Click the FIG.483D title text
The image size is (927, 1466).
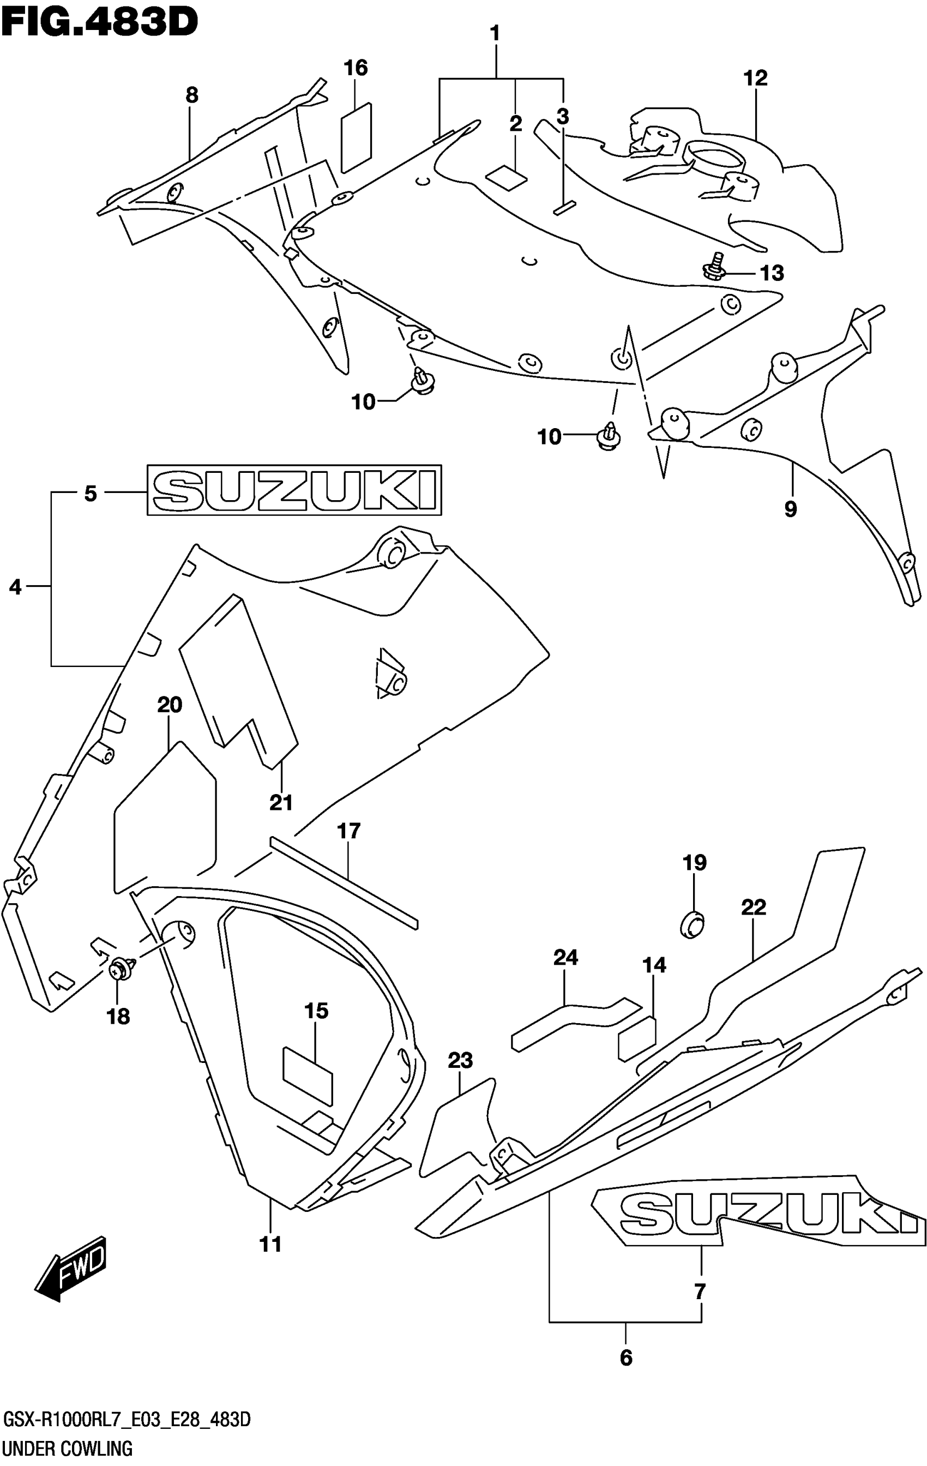tap(99, 22)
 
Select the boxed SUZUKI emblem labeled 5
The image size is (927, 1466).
tap(294, 490)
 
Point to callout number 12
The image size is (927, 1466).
tap(755, 79)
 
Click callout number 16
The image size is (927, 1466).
tap(356, 68)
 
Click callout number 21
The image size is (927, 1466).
tap(281, 803)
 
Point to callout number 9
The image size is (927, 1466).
tap(790, 508)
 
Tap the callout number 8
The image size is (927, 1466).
tap(192, 95)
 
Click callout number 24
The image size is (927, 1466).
tap(565, 958)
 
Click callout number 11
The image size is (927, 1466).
tap(271, 1245)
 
